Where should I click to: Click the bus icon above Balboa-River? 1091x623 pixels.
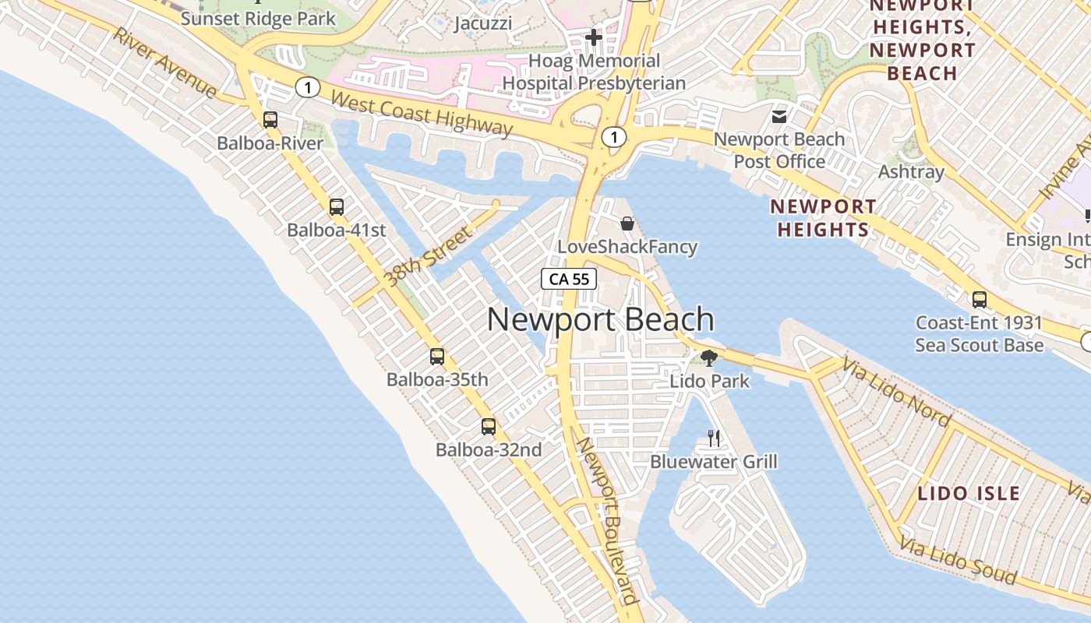(x=270, y=120)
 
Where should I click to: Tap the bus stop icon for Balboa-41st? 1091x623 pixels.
(x=337, y=207)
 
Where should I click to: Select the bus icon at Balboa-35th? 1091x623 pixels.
(x=437, y=357)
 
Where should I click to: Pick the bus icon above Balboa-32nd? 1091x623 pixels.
(x=489, y=427)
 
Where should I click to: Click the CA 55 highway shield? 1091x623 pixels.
(x=569, y=279)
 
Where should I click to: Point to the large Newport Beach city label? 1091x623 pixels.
(x=601, y=320)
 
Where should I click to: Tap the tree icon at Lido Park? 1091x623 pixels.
(x=709, y=358)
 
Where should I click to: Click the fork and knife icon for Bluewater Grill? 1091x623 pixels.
(x=714, y=438)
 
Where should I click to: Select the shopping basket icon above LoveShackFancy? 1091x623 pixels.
(x=627, y=224)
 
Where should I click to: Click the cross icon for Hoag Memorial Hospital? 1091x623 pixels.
(x=594, y=37)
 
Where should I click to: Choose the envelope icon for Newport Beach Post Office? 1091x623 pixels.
(x=779, y=117)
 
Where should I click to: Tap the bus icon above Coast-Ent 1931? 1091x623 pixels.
(x=979, y=300)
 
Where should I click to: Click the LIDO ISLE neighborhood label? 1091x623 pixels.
(x=969, y=493)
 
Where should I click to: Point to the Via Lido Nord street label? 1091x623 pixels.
(x=896, y=393)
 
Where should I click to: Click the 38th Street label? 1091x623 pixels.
(x=429, y=256)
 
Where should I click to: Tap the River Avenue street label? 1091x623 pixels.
(x=164, y=63)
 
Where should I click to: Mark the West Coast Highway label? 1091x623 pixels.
(x=422, y=114)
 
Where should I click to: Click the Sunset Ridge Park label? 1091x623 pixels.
(x=258, y=19)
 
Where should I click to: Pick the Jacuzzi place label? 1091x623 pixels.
(x=483, y=23)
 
